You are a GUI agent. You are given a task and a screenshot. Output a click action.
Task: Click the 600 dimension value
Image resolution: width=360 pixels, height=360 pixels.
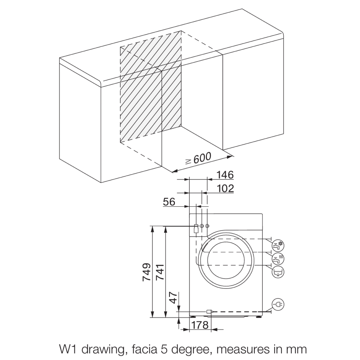(x=202, y=158)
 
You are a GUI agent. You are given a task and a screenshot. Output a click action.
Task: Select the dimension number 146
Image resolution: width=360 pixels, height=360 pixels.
(x=225, y=175)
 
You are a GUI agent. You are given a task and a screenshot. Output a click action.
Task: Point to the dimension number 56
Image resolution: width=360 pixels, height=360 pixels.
(x=169, y=202)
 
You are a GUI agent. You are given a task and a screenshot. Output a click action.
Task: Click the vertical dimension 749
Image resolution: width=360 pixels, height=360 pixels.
(x=146, y=272)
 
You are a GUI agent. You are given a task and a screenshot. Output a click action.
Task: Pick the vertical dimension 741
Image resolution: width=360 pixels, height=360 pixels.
(x=159, y=272)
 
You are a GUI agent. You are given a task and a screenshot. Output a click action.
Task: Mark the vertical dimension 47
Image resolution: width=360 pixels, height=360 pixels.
(x=174, y=298)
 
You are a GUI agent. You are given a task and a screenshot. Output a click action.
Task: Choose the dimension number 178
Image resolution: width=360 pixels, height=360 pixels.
(x=200, y=325)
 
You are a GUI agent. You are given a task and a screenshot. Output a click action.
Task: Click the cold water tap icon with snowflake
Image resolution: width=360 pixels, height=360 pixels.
(x=278, y=246)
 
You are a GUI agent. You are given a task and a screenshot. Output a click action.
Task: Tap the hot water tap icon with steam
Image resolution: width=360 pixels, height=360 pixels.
(x=278, y=258)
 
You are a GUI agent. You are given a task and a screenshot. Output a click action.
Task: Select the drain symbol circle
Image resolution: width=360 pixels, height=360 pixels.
(x=278, y=271)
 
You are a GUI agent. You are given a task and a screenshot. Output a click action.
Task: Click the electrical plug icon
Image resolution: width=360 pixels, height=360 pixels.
(x=278, y=305)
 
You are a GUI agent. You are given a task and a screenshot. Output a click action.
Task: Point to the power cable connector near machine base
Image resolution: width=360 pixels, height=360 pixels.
(x=209, y=311)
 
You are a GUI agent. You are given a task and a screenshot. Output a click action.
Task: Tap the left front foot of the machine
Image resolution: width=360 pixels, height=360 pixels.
(x=194, y=317)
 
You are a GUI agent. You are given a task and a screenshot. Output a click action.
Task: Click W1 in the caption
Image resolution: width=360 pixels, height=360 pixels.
(x=67, y=349)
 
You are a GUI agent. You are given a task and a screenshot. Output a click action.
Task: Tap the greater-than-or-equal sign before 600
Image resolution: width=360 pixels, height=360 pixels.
(x=188, y=161)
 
